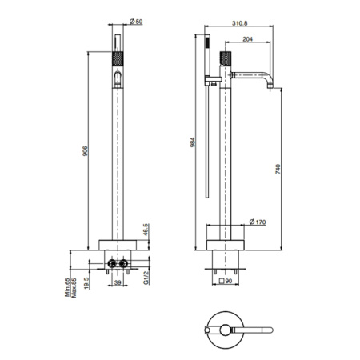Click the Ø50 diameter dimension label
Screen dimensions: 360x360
[136, 22]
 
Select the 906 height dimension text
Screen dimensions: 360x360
[85, 151]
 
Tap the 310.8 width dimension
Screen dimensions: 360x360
[239, 23]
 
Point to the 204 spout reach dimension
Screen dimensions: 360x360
[247, 39]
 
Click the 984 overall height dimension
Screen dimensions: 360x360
[193, 142]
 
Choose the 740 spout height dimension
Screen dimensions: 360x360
[278, 170]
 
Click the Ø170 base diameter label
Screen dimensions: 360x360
[258, 222]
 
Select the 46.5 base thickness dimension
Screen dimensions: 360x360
[146, 230]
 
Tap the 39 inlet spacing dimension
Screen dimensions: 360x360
[118, 282]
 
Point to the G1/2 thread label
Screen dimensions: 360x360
[146, 278]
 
